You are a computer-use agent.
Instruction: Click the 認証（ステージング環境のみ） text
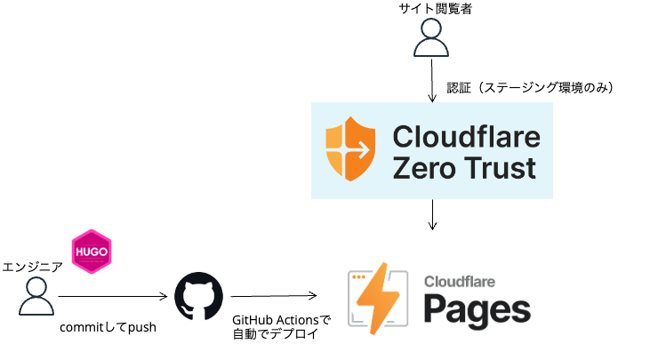(530, 88)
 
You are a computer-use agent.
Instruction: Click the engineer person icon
(36, 297)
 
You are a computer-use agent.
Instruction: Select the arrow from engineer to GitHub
(113, 297)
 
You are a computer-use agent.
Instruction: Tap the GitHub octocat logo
(198, 297)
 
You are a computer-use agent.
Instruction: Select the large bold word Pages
(476, 309)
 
